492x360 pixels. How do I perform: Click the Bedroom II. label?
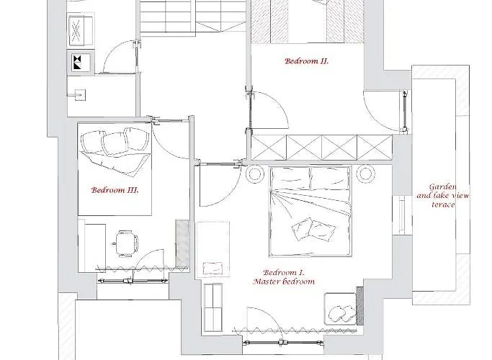pos(306,60)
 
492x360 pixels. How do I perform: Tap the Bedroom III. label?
pos(115,190)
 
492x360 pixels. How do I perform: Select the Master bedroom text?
pos(284,282)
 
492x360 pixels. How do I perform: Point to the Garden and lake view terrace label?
pos(443,196)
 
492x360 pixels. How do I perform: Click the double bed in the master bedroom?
pos(310,212)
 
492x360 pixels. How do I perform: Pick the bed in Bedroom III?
pos(115,168)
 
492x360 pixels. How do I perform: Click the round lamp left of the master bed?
pos(254,174)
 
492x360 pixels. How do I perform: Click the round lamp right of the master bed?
pos(365,173)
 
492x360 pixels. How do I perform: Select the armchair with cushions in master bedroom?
pos(341,309)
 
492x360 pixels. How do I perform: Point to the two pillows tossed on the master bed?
pos(313,229)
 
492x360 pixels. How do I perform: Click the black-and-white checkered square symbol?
pos(77,62)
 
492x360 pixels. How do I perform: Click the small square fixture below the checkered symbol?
pos(80,94)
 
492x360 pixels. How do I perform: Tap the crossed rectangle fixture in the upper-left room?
pos(81,30)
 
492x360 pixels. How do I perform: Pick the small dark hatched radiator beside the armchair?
pos(360,306)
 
